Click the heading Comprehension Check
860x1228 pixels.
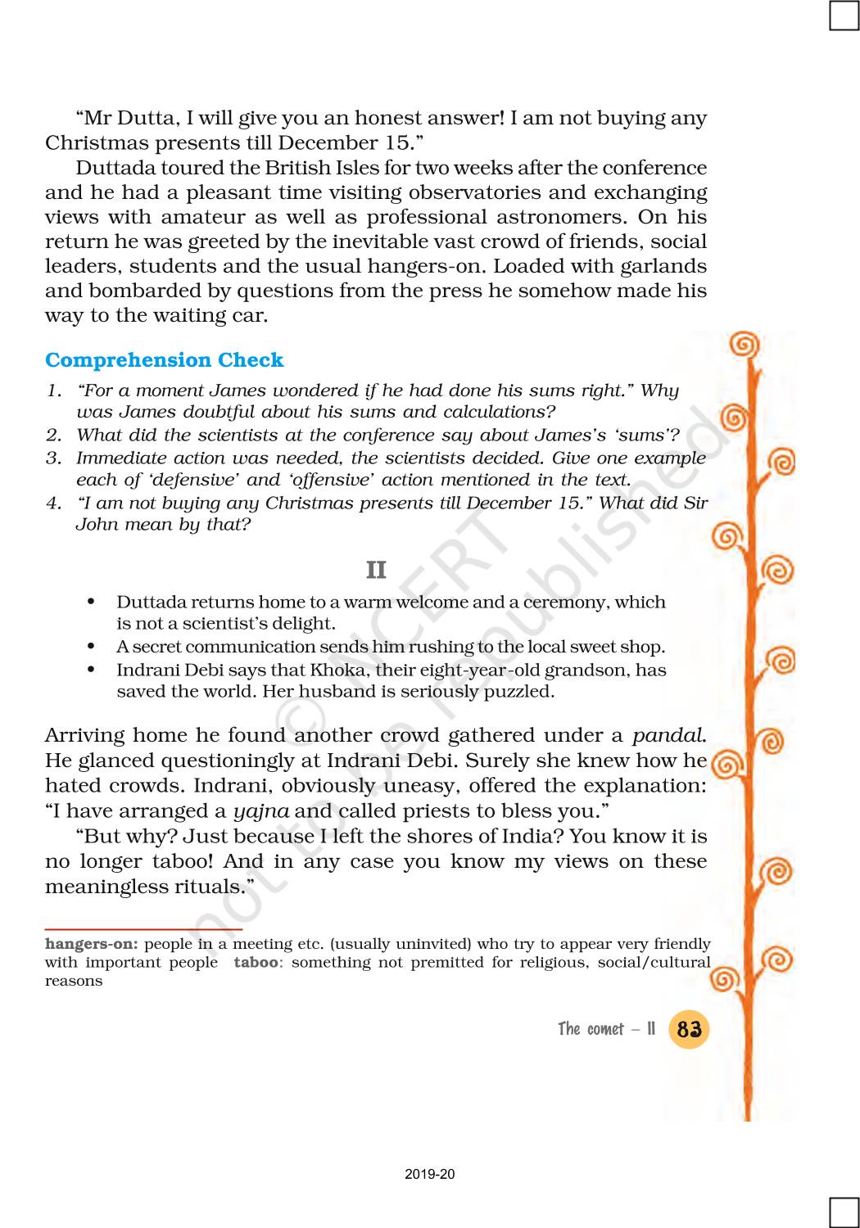click(164, 360)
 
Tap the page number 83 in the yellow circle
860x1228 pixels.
click(689, 1029)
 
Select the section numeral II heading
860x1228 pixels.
click(376, 570)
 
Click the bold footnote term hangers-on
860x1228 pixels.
click(92, 944)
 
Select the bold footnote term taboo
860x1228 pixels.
click(256, 962)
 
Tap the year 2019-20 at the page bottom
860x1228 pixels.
click(430, 1175)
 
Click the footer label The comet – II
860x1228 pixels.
click(607, 1029)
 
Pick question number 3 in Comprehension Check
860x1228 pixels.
click(53, 458)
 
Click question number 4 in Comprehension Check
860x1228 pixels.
click(53, 503)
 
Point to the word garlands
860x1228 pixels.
click(664, 266)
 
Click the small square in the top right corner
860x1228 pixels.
click(844, 16)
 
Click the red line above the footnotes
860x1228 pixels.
click(143, 930)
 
